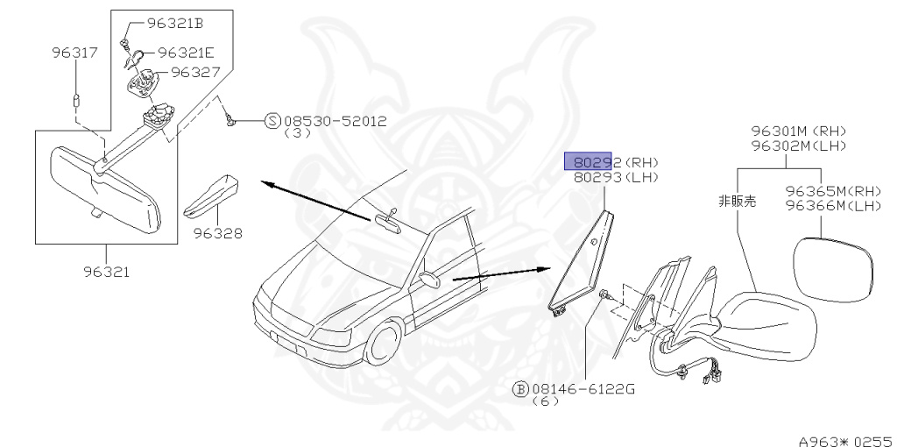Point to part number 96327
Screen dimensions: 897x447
pyautogui.click(x=194, y=72)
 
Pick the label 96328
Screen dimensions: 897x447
pyautogui.click(x=218, y=234)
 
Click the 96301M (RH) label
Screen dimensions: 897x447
pyautogui.click(x=803, y=131)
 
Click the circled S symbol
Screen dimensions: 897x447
pyautogui.click(x=272, y=121)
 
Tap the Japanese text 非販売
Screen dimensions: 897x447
pyautogui.click(x=737, y=201)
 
